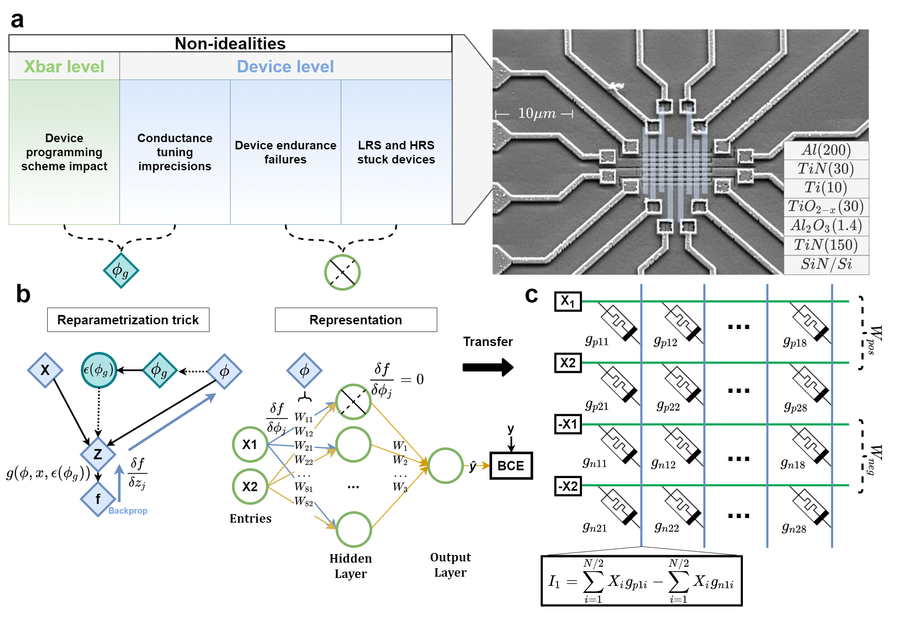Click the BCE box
(511, 466)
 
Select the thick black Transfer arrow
(488, 367)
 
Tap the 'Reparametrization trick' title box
(128, 320)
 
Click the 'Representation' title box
(356, 320)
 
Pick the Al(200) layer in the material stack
(826, 150)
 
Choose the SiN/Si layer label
(826, 264)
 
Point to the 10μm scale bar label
(536, 114)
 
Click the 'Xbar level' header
(64, 66)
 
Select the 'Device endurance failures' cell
(286, 152)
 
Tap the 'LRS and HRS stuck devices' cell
(396, 152)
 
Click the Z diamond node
(98, 454)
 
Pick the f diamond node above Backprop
(98, 499)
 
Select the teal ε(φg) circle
(99, 370)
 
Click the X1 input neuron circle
(250, 444)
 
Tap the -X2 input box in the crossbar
(568, 486)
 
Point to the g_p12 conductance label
(665, 341)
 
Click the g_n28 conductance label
(794, 528)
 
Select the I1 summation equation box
(641, 581)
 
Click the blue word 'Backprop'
(128, 511)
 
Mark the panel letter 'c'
(532, 295)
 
